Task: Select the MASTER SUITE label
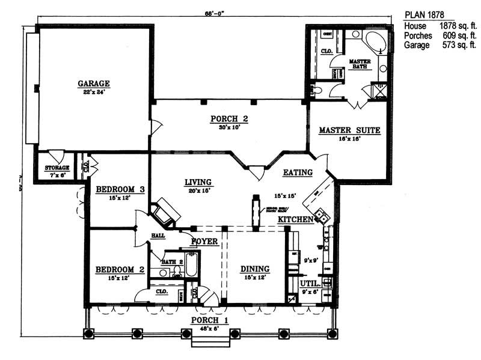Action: coord(349,130)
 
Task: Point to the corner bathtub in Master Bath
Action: coord(377,44)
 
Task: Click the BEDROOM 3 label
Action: coord(120,189)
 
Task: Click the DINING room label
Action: coord(255,269)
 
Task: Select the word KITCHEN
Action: coord(295,220)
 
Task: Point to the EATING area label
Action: coord(298,172)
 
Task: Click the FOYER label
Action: coord(204,242)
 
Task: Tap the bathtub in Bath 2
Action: coord(191,264)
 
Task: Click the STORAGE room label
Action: coord(54,167)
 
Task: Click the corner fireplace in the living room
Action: coord(165,213)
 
